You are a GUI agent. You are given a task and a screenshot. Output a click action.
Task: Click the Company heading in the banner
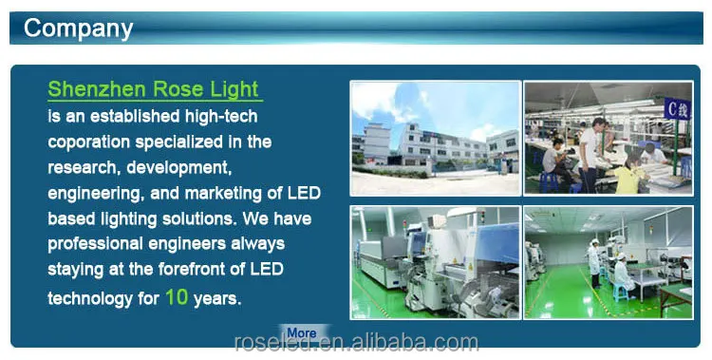[x=78, y=28]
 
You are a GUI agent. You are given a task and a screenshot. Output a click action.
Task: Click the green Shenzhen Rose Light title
[x=153, y=89]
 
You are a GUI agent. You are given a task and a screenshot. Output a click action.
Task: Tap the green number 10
[x=177, y=296]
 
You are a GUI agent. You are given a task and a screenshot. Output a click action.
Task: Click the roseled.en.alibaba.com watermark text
[x=356, y=342]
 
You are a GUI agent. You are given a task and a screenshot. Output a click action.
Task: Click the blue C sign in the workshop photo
[x=678, y=108]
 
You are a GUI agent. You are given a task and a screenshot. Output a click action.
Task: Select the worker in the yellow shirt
[x=631, y=172]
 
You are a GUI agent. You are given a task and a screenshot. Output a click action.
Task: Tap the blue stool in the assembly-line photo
[x=549, y=180]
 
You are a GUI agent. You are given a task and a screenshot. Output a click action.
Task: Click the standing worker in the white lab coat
[x=595, y=264]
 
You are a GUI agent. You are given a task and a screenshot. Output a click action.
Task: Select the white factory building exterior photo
[x=436, y=138]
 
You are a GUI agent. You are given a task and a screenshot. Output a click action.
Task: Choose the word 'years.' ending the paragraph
[x=217, y=299]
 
